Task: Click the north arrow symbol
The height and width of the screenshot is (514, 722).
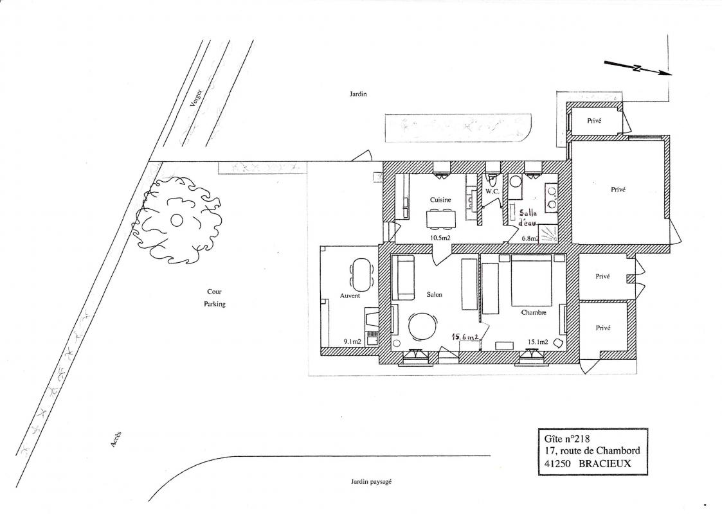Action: (x=638, y=68)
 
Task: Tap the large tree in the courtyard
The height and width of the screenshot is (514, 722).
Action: (x=177, y=220)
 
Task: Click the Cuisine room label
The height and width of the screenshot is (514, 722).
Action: (x=440, y=200)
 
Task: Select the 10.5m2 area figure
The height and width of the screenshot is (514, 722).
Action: (x=440, y=238)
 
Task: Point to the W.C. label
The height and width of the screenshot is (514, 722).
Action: (x=492, y=191)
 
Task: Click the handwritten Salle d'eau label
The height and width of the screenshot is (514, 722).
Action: (x=528, y=218)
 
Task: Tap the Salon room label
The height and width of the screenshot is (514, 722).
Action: (x=434, y=294)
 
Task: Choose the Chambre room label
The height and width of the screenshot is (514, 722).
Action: (x=534, y=312)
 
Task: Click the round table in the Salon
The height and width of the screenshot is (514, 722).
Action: (x=421, y=326)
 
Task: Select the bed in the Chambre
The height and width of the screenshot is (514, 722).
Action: (x=531, y=280)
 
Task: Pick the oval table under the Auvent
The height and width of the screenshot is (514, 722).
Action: (x=362, y=275)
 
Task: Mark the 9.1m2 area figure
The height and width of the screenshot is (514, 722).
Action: (x=352, y=342)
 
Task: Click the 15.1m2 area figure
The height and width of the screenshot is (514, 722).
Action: (x=538, y=342)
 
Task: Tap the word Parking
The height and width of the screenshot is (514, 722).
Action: (x=215, y=304)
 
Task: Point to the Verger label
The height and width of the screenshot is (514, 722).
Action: (x=197, y=98)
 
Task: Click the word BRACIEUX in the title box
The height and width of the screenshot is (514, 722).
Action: (x=604, y=464)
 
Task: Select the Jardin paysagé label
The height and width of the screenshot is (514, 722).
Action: (x=370, y=482)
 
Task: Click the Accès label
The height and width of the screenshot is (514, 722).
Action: (x=116, y=439)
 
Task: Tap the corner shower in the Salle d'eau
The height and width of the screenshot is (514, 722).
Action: (x=549, y=234)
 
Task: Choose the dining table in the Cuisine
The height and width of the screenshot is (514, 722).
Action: (x=440, y=218)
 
